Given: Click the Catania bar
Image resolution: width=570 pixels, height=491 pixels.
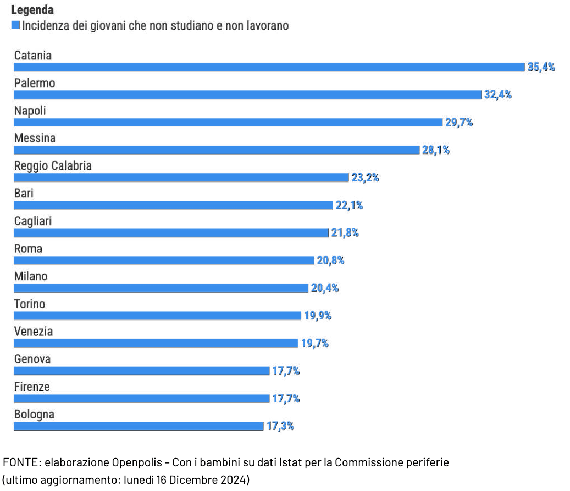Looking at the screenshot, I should pos(269,67).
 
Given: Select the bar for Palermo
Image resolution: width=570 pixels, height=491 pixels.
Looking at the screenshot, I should pos(247,95).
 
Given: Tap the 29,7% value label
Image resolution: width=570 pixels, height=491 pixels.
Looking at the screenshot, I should pos(459,122).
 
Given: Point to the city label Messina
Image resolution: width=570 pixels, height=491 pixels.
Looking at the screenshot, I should pos(35,138).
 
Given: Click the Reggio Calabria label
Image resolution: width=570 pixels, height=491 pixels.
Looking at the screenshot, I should pos(53,165).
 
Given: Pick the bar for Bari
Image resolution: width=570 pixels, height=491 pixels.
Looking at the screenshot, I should pos(173,205).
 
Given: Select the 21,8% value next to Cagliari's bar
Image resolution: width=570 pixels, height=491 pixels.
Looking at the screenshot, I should pos(345,233).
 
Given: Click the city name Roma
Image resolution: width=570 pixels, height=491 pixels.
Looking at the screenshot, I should pos(28,249).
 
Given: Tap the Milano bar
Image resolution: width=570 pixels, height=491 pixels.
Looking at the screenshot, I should pos(161,288).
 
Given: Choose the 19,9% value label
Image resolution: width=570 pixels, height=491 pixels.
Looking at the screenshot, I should pos(318,316).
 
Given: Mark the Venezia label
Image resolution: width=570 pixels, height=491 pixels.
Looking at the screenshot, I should pos(34,331).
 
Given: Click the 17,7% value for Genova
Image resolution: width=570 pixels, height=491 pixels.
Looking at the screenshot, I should pos(286,371).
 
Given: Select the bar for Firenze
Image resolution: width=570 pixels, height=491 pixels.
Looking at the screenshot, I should pos(141,399).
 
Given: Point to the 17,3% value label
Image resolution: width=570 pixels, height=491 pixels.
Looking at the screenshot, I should pos(280,426).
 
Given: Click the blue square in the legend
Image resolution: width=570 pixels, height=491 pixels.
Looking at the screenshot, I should pos(15,25).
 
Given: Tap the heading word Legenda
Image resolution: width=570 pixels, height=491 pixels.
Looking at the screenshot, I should pos(32,10).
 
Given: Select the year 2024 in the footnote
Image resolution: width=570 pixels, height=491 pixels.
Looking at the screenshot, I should pos(235,479).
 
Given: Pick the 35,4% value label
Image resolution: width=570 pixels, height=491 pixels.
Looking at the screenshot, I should pos(541,67).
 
